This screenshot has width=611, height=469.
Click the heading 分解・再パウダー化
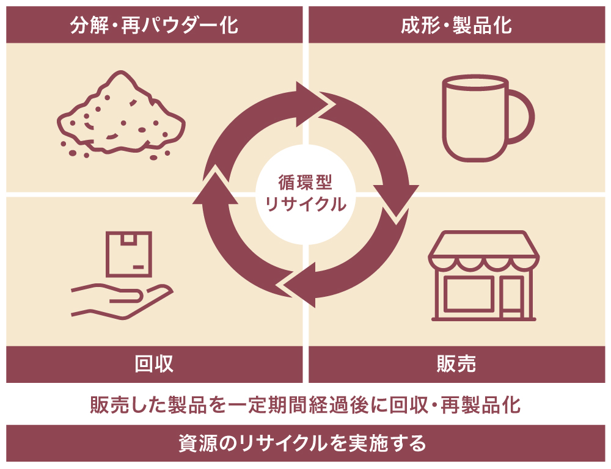[x=154, y=25]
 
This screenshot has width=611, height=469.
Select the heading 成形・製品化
[x=456, y=25]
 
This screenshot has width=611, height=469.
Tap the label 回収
[x=154, y=364]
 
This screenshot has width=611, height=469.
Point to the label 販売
[x=456, y=364]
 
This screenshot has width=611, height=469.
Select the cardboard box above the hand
[x=129, y=253]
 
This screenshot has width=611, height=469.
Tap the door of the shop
[x=512, y=297]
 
